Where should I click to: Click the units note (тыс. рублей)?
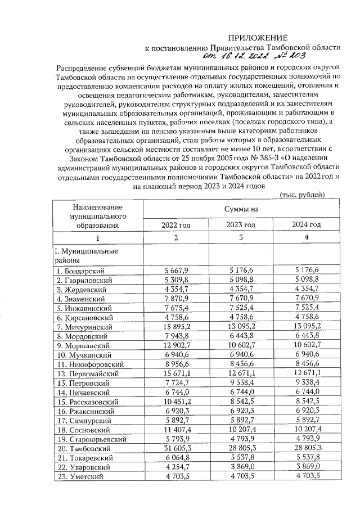coord(301,195)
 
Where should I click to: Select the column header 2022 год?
coord(176,225)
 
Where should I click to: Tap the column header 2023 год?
coord(241,225)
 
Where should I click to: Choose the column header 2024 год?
coord(306,225)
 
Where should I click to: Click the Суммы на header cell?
coord(241,210)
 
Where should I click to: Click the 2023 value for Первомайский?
coord(241,373)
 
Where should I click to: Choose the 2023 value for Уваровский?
coord(241,467)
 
